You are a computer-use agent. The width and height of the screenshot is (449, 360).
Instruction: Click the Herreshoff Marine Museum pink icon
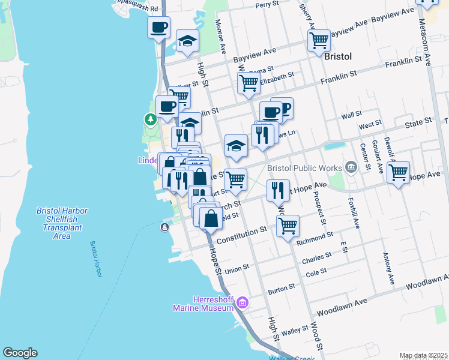click(243, 302)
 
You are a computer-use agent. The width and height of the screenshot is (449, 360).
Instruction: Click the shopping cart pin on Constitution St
click(288, 226)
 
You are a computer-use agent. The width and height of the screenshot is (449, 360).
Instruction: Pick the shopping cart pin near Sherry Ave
click(319, 41)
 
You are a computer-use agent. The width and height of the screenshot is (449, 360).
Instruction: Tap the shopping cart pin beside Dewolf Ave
click(398, 172)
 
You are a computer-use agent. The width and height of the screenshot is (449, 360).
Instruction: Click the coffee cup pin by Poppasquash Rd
click(159, 28)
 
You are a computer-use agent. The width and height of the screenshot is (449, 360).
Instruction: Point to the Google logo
click(20, 353)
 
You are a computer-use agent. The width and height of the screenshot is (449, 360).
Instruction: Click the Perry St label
click(267, 4)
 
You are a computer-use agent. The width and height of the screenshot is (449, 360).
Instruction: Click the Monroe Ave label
click(220, 37)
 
